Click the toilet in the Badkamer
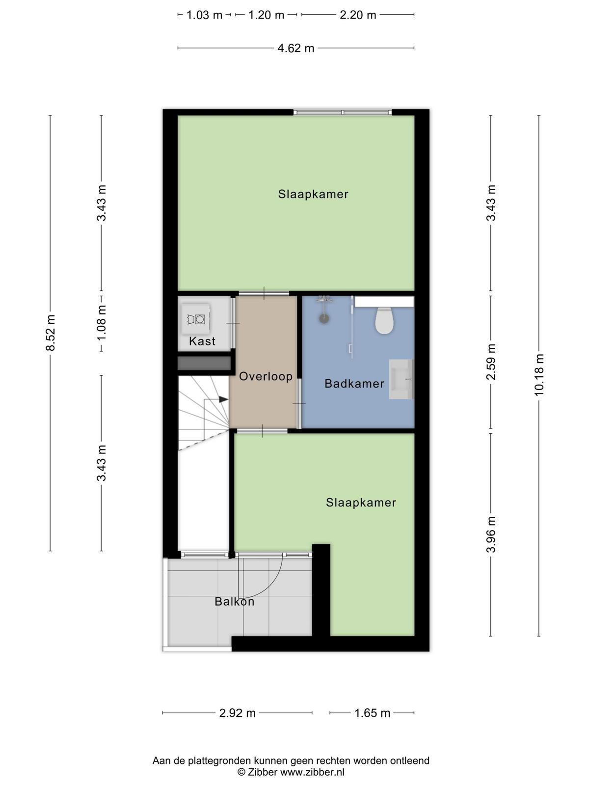[x=384, y=320]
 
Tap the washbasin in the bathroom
[x=402, y=379]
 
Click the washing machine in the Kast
[x=196, y=319]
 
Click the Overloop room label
[x=266, y=376]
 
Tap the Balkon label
[x=234, y=601]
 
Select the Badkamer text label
[x=354, y=384]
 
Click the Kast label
[x=202, y=341]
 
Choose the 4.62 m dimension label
[x=296, y=48]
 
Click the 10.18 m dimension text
[x=539, y=374]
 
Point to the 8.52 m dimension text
[x=51, y=333]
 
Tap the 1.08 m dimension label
[x=102, y=323]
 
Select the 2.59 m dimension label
[x=491, y=362]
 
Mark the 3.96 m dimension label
[x=491, y=535]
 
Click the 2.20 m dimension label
[x=358, y=15]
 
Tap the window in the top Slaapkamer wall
[x=343, y=112]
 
